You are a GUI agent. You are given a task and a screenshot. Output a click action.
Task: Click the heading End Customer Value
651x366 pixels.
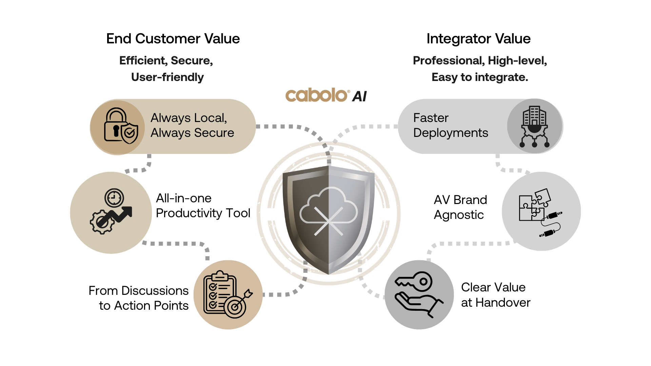(173, 39)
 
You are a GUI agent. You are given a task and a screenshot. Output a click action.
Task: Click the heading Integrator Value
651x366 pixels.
(478, 39)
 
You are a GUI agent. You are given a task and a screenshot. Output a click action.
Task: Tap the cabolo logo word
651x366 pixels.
(317, 95)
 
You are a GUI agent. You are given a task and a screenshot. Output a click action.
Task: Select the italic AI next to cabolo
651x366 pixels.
(359, 97)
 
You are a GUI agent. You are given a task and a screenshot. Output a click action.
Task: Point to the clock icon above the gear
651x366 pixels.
(114, 198)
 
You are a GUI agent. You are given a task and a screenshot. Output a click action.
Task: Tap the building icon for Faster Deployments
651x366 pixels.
(534, 126)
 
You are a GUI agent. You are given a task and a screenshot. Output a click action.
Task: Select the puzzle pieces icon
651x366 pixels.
(534, 205)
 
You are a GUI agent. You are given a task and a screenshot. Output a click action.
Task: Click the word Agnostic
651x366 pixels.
(459, 215)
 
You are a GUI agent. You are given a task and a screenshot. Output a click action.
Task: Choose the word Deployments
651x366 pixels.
(451, 133)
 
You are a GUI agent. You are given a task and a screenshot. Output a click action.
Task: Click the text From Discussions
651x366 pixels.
(138, 290)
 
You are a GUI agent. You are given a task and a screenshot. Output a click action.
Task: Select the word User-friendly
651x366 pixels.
(167, 77)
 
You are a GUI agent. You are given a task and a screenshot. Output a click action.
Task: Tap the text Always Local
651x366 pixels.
(189, 118)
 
